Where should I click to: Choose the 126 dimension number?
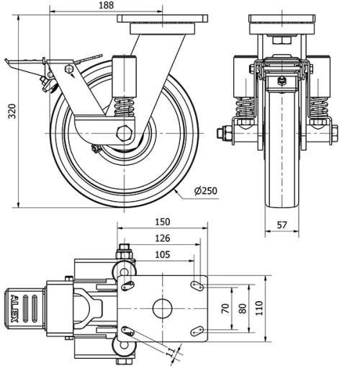pos(163,238)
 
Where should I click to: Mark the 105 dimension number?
pos(163,254)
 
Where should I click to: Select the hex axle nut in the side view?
pos(125,133)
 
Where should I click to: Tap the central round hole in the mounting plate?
pos(162,308)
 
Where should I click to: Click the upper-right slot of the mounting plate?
pos(195,286)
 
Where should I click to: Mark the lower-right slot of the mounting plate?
pos(195,331)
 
